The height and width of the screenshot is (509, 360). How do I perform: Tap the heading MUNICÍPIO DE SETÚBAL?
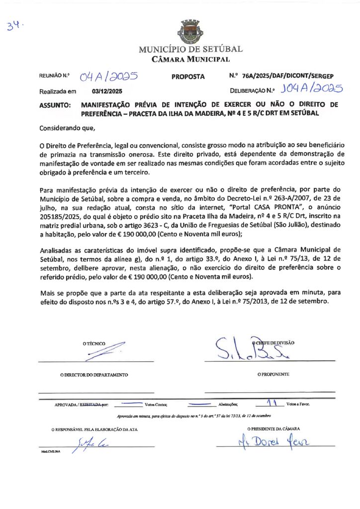click(190, 49)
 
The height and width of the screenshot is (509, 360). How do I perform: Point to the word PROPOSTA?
click(188, 77)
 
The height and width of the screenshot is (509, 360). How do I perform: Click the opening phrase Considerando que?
click(67, 128)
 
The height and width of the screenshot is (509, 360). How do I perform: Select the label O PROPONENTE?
click(273, 374)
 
